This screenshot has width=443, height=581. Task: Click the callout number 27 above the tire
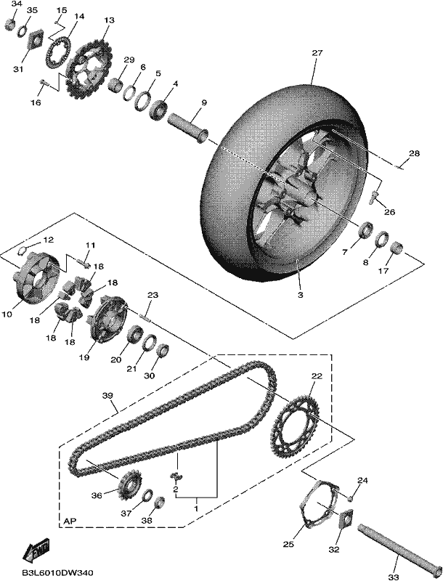point(317,53)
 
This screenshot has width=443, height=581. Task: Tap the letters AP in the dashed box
point(70,521)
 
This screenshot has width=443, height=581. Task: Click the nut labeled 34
point(10,25)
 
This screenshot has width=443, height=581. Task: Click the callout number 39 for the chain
point(107,396)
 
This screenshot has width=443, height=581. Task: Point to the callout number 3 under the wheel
point(301,295)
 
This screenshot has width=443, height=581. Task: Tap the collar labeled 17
point(397,248)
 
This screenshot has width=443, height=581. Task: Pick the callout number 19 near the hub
point(84,357)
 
